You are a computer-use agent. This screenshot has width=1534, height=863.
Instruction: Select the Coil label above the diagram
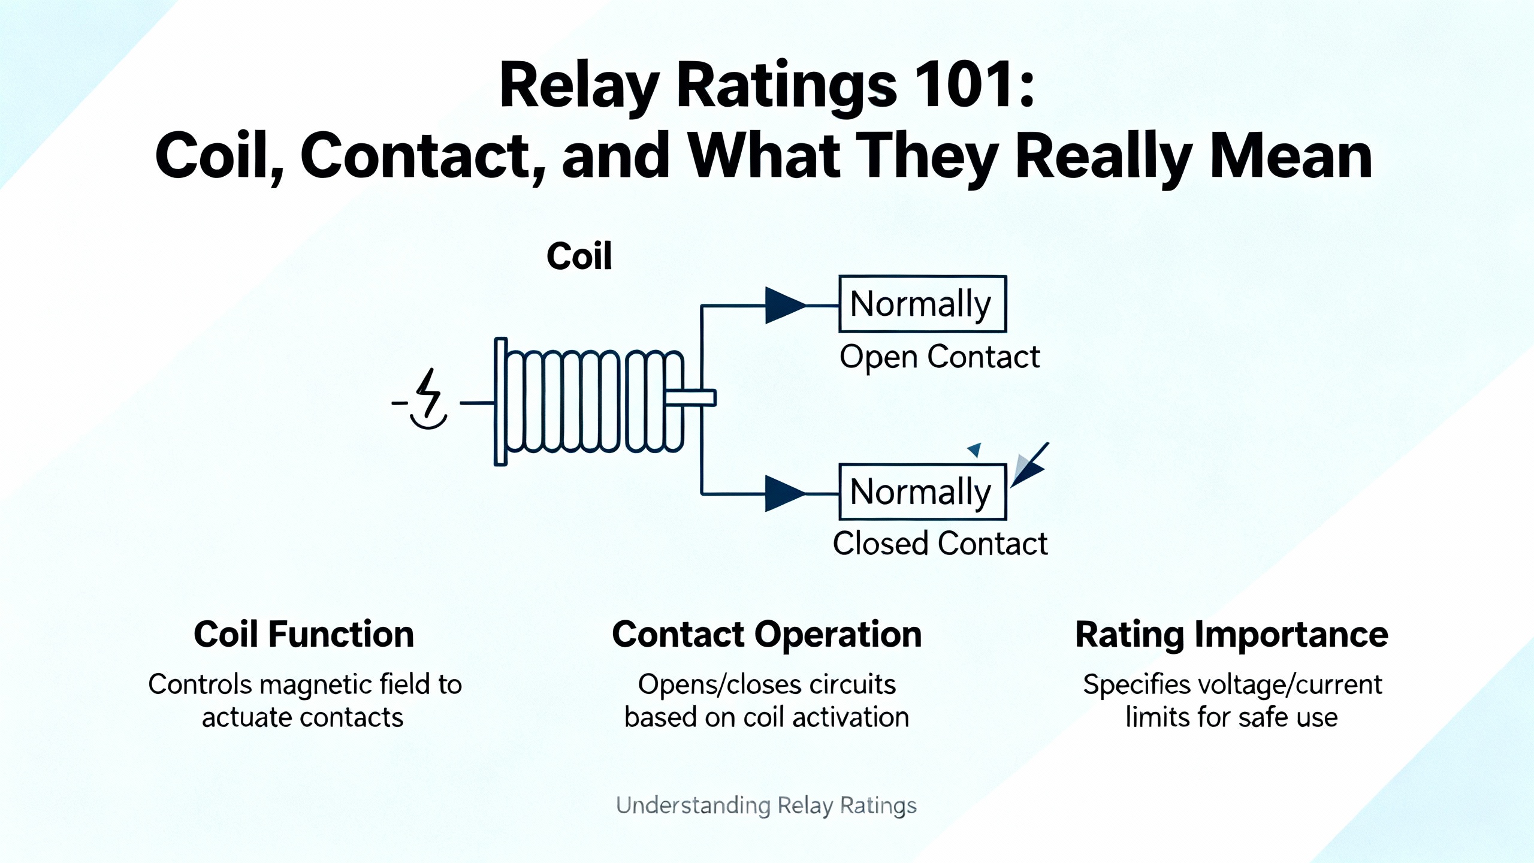(x=579, y=257)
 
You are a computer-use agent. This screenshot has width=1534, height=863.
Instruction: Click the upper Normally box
(x=922, y=304)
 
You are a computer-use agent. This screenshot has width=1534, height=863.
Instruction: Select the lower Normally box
(x=922, y=491)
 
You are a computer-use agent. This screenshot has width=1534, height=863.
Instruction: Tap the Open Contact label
(x=939, y=357)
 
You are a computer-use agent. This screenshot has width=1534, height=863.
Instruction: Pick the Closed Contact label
(x=940, y=544)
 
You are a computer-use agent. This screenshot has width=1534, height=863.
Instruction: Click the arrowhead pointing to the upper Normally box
(x=784, y=305)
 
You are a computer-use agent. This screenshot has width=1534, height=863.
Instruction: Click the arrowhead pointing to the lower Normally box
(x=784, y=494)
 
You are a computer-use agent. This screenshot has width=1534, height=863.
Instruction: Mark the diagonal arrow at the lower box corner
(x=1029, y=465)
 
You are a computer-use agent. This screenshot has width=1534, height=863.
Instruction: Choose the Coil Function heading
(x=304, y=635)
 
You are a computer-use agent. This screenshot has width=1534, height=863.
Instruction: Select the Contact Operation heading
(x=766, y=635)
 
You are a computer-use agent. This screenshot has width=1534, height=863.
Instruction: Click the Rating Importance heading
(x=1231, y=635)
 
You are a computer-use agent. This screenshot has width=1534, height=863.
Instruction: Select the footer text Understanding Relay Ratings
(x=766, y=806)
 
